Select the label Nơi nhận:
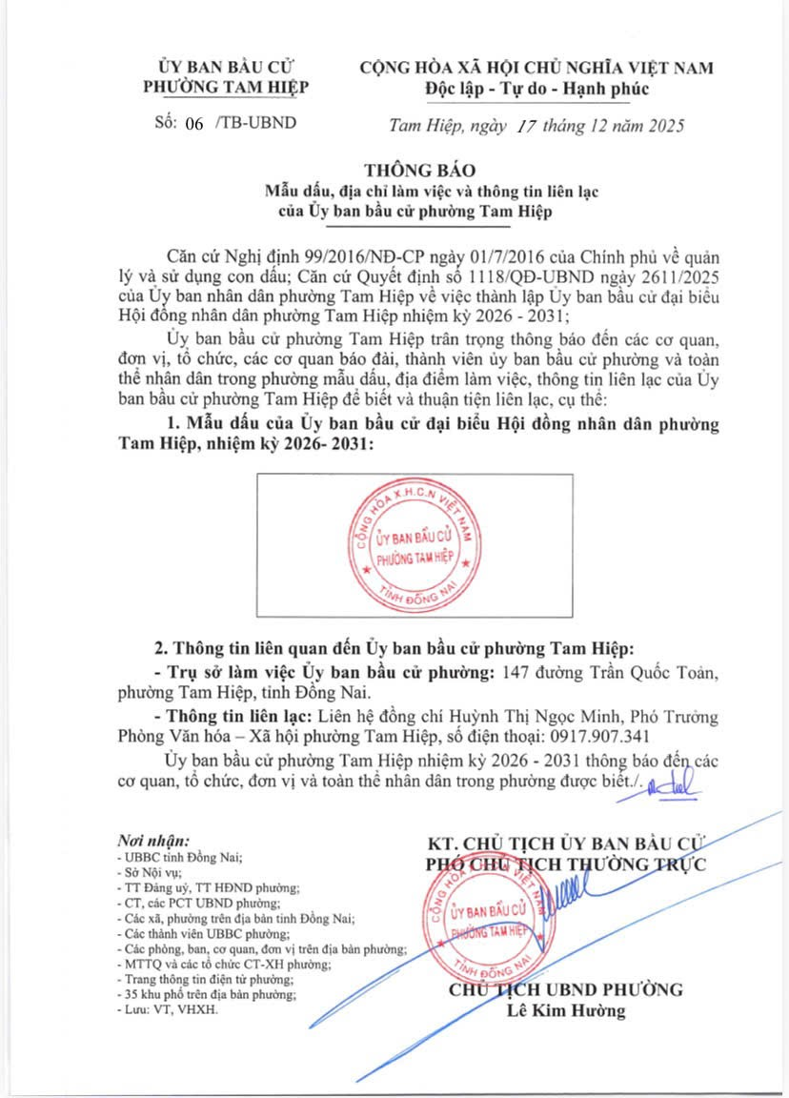(153, 841)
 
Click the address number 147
(513, 672)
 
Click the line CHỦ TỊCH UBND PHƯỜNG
(567, 988)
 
